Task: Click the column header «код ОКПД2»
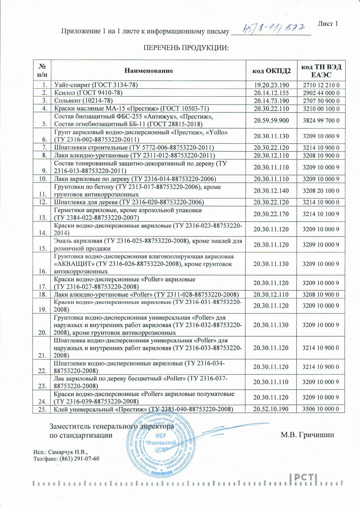271,71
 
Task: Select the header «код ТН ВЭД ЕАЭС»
321,71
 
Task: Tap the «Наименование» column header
149,71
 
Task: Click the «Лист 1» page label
328,24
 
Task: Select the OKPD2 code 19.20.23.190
271,85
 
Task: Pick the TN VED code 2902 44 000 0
321,93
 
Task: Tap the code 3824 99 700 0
321,120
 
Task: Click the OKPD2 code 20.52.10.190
271,409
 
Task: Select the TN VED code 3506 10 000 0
321,409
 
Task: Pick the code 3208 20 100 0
321,191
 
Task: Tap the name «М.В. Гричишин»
307,435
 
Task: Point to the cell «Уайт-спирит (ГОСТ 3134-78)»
96,85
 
